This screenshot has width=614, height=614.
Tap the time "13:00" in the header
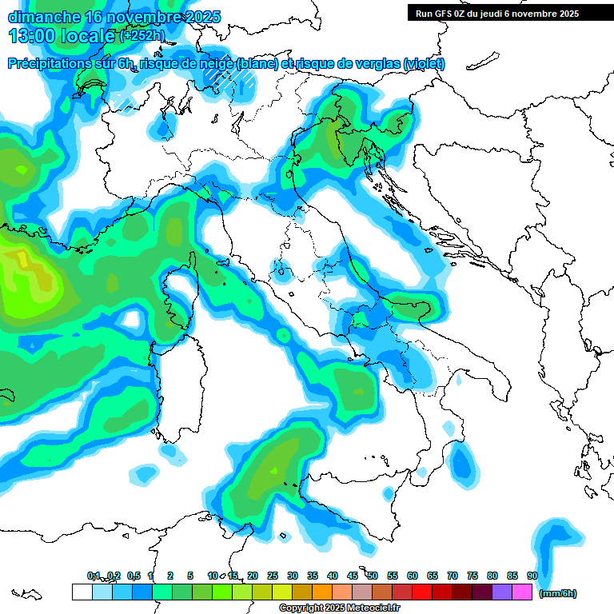click(31, 36)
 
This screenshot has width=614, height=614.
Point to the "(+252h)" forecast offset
click(142, 36)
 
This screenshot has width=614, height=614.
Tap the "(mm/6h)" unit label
click(557, 593)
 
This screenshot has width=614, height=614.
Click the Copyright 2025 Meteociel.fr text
click(340, 608)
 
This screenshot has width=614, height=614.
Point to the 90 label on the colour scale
click(532, 576)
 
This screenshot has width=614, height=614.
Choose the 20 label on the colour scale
click(253, 576)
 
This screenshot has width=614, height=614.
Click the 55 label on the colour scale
click(393, 576)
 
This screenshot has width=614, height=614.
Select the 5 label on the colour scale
click(190, 576)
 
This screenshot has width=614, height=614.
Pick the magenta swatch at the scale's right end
click(522, 592)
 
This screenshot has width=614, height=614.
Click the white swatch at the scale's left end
click(82, 592)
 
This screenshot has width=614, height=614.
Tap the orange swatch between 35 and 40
click(322, 592)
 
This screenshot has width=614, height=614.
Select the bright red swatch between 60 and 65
click(422, 592)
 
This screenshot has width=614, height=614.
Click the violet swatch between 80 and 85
click(502, 592)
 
